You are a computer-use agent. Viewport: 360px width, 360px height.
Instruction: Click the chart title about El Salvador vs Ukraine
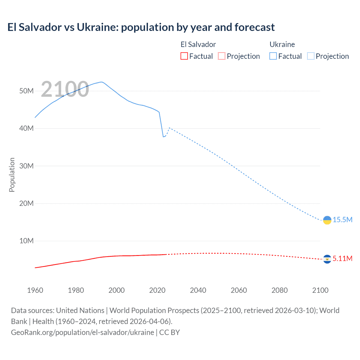click(141, 27)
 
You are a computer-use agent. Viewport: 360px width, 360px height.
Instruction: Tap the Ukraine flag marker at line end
click(327, 220)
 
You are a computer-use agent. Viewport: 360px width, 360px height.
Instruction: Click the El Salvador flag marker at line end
click(327, 259)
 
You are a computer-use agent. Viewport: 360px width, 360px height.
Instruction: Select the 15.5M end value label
click(343, 220)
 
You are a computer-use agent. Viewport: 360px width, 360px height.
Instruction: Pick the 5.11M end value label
click(343, 259)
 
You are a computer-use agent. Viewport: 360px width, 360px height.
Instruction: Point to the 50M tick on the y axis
click(26, 91)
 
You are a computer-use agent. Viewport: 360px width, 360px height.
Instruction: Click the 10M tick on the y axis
click(26, 241)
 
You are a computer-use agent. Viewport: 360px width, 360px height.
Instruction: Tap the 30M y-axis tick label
click(26, 166)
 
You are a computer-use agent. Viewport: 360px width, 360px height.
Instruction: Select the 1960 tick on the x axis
click(35, 290)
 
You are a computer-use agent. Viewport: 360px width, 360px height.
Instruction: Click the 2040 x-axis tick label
click(198, 290)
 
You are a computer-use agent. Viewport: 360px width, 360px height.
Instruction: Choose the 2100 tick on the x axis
click(320, 290)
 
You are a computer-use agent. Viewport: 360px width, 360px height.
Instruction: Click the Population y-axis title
click(12, 175)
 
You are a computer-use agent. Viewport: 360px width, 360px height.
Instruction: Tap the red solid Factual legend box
click(184, 56)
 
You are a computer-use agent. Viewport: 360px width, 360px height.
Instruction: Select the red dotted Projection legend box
click(222, 56)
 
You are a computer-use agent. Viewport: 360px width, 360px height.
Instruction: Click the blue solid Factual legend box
click(273, 56)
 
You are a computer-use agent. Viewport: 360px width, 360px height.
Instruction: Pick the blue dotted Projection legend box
click(311, 56)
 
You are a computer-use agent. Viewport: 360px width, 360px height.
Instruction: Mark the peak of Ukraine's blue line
click(101, 82)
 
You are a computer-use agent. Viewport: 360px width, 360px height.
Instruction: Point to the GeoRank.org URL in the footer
click(82, 332)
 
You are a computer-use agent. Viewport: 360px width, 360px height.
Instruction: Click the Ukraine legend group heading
click(282, 44)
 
